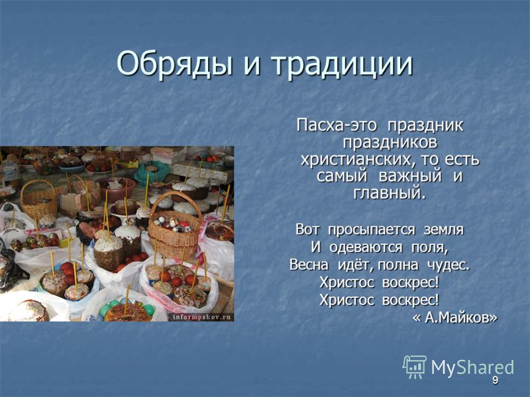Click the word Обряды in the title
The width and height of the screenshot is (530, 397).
(x=175, y=64)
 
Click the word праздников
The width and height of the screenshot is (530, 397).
(x=390, y=143)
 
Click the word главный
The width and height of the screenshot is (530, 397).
(x=390, y=193)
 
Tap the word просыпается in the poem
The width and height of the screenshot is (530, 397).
(x=372, y=230)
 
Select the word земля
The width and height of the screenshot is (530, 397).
(x=443, y=230)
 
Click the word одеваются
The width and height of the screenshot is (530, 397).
(x=366, y=247)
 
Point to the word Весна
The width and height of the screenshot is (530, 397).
(x=309, y=265)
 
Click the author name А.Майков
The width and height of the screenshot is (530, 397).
(x=455, y=318)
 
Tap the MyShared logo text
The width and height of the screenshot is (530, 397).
(x=472, y=367)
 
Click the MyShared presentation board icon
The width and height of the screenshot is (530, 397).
(x=415, y=367)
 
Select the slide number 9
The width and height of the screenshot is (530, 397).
(x=495, y=380)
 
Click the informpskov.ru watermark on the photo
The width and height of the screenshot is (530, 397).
(x=202, y=317)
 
